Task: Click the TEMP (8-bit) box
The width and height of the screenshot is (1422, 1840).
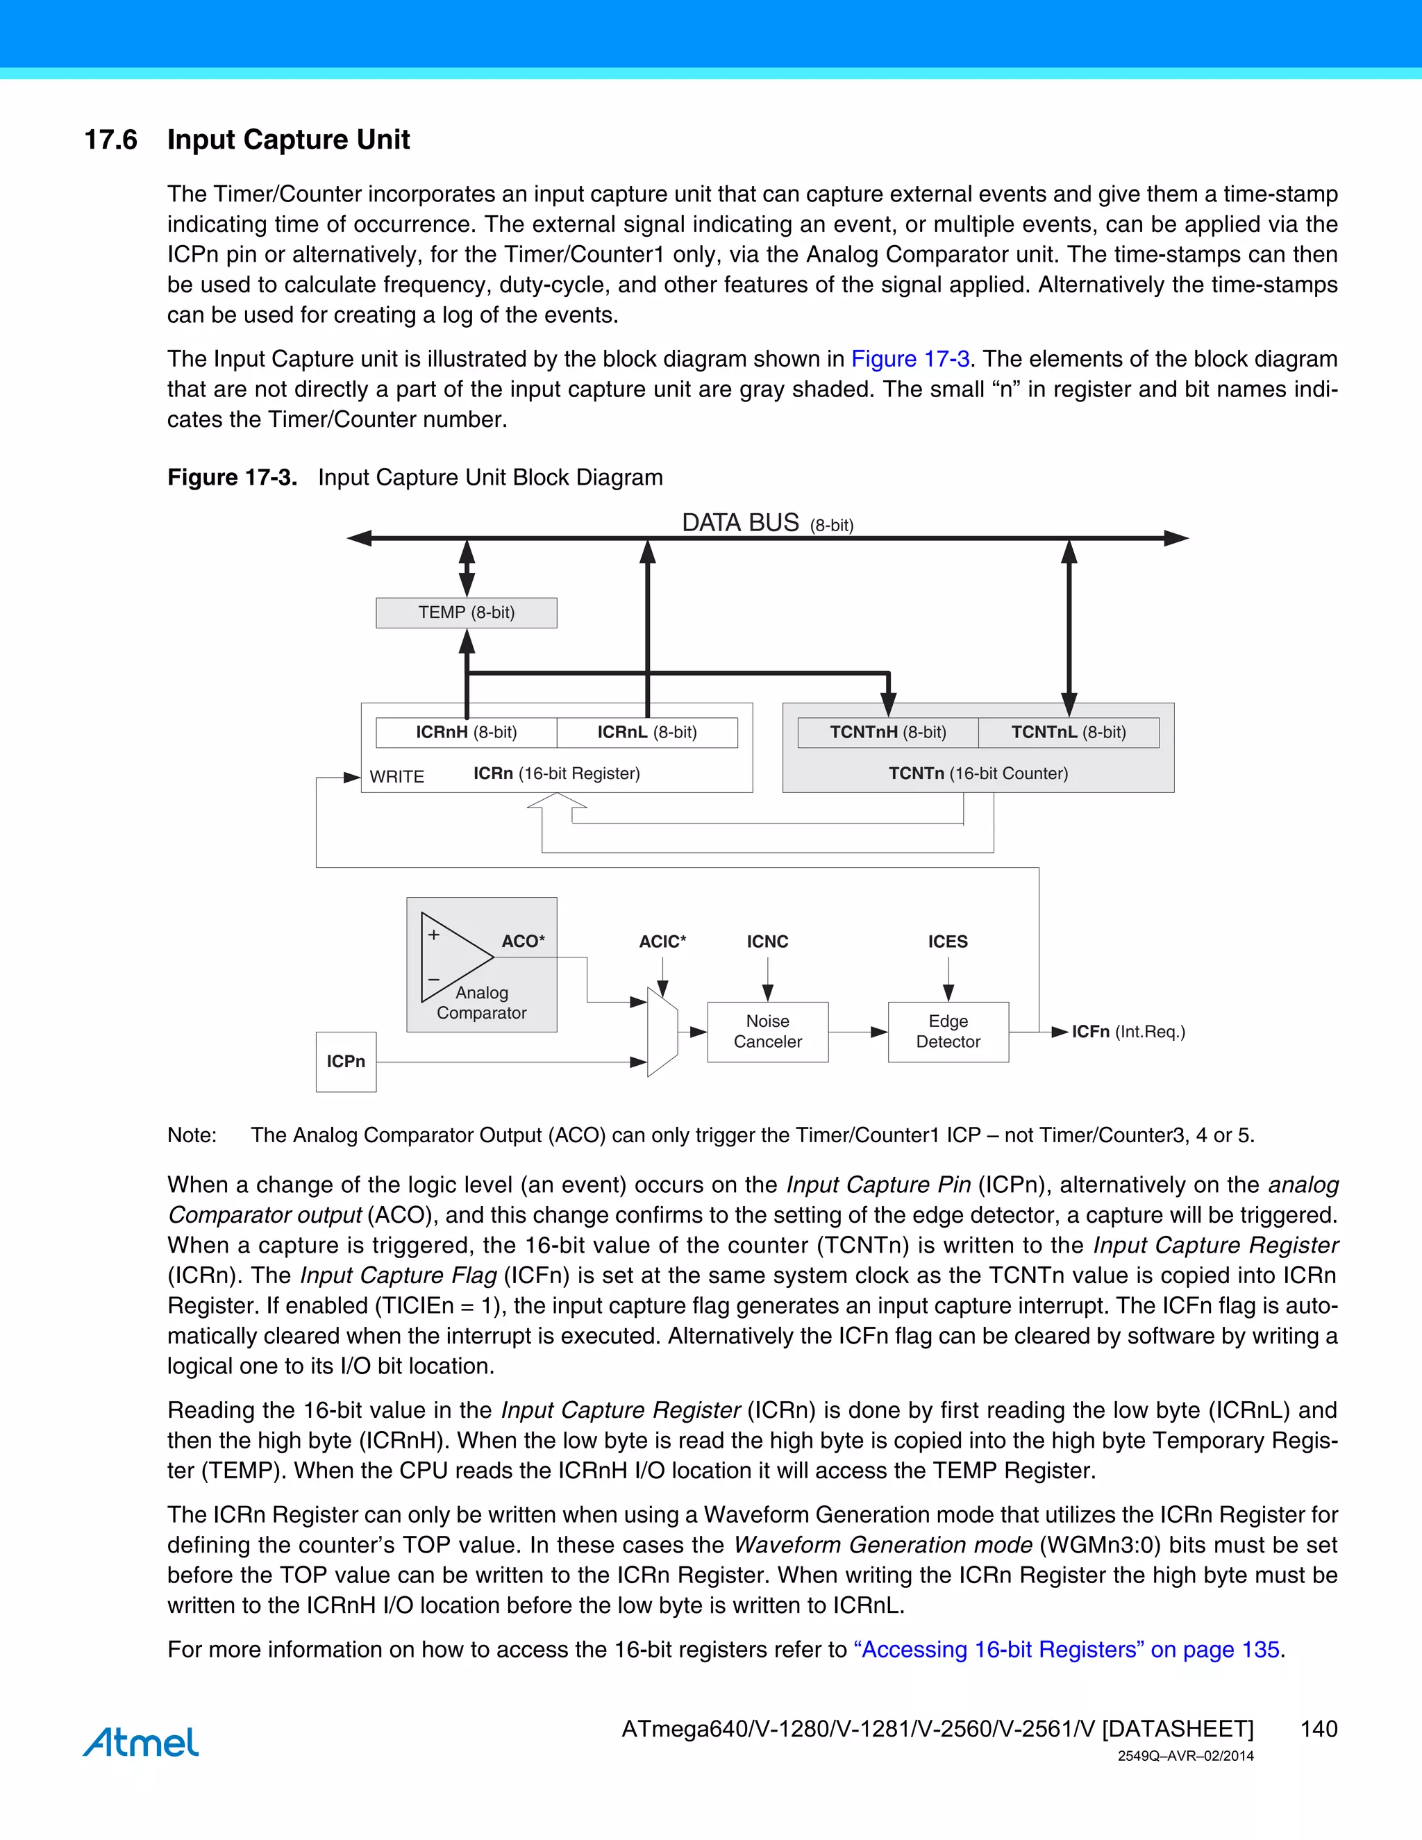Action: point(466,612)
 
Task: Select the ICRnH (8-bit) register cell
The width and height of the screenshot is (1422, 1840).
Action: point(466,732)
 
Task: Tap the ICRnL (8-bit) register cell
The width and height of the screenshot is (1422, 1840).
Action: point(647,732)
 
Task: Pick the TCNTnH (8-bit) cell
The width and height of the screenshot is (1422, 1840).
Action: point(888,732)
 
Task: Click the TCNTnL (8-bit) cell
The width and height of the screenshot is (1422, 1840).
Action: point(1068,732)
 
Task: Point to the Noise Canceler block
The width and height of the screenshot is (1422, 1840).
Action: point(767,1031)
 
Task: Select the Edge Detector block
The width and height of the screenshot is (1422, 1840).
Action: point(948,1031)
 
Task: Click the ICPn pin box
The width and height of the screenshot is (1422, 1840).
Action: point(345,1062)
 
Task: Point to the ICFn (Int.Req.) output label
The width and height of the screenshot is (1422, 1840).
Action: point(1127,1031)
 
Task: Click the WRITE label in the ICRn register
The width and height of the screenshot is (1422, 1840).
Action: point(396,777)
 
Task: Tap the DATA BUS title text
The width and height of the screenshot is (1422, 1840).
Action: point(740,524)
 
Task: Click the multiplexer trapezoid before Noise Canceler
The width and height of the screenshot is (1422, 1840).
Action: point(662,1031)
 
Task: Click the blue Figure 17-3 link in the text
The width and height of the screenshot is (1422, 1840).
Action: point(910,359)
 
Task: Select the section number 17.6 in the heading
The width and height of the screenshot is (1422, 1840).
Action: point(110,140)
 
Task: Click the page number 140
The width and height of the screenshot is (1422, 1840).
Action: point(1319,1729)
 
